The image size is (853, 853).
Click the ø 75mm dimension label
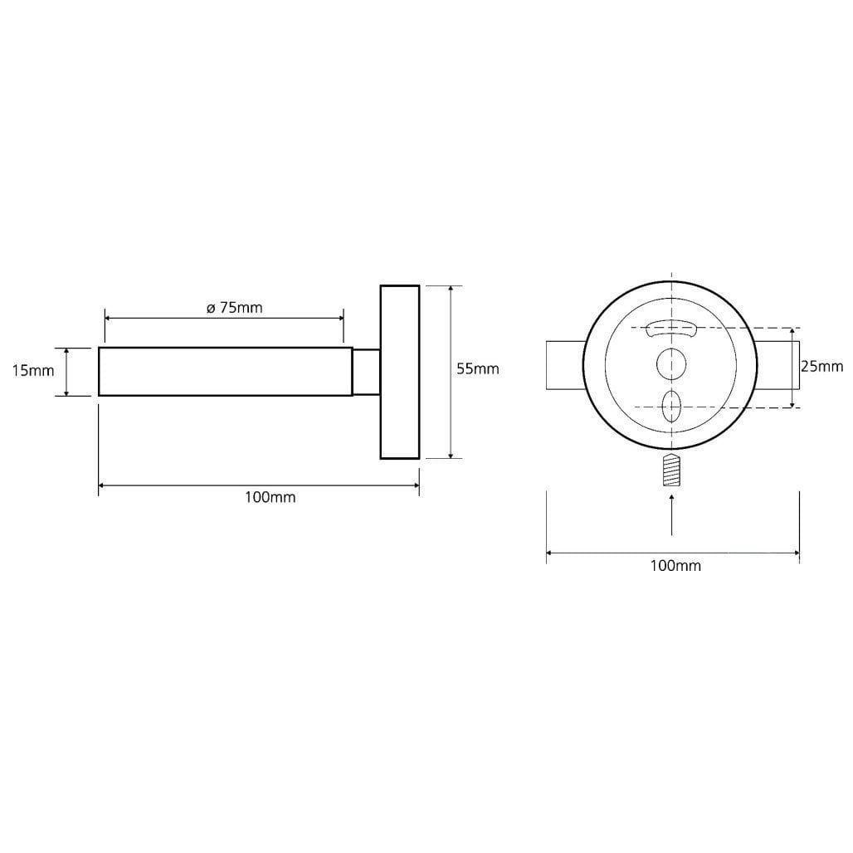[235, 308]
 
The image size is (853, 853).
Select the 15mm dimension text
[33, 371]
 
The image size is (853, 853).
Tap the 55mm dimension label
[478, 369]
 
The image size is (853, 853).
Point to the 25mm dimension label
[821, 367]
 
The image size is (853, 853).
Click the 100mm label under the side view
[270, 497]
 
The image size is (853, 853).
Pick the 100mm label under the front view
[675, 566]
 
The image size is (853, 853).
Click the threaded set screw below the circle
[672, 470]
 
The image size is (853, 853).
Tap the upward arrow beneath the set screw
[672, 514]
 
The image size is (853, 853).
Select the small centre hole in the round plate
[671, 364]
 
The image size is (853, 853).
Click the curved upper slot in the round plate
[671, 328]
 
